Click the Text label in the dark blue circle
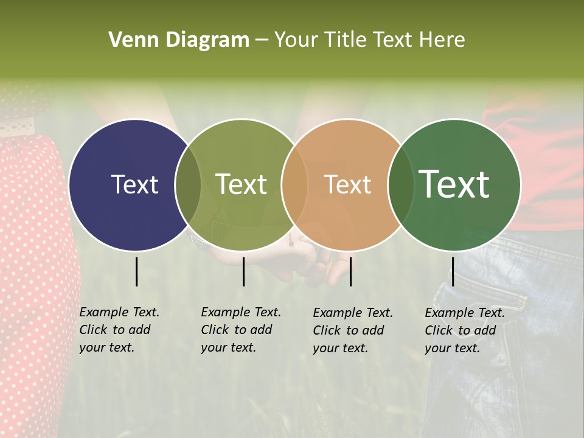tap(134, 184)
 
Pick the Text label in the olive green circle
tap(242, 184)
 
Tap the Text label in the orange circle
tap(347, 184)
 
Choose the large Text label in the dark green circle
tap(454, 184)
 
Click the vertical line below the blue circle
tap(136, 271)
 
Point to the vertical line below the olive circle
tap(243, 271)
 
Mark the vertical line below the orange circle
tap(350, 271)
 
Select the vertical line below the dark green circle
tap(453, 271)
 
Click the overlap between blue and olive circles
tap(188, 184)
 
